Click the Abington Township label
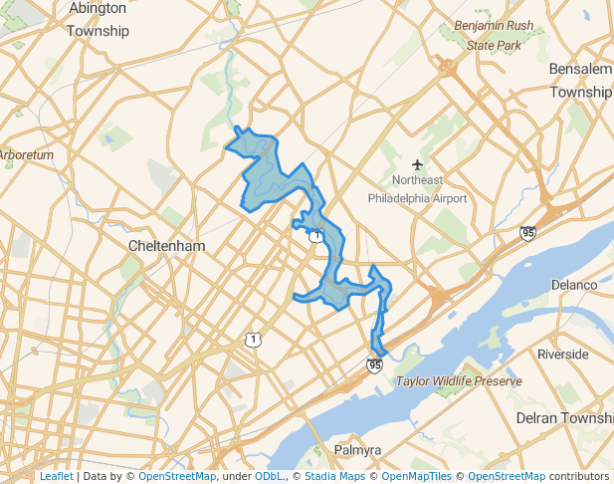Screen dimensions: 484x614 point(98,19)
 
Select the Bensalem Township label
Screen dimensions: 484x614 point(580,80)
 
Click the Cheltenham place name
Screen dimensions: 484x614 point(167,245)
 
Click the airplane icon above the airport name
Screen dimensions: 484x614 point(417,164)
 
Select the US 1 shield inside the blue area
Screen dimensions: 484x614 point(314,235)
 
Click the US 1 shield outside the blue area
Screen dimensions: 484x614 point(254,340)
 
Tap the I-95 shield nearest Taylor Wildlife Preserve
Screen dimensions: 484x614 point(374,365)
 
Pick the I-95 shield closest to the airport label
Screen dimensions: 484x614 point(527,233)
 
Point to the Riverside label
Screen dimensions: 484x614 point(563,354)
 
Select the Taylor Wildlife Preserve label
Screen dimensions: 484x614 point(459,381)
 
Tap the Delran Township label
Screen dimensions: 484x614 point(564,418)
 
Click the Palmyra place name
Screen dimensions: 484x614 point(357,450)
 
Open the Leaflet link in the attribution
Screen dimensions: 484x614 point(56,476)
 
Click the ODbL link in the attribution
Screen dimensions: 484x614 point(270,476)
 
